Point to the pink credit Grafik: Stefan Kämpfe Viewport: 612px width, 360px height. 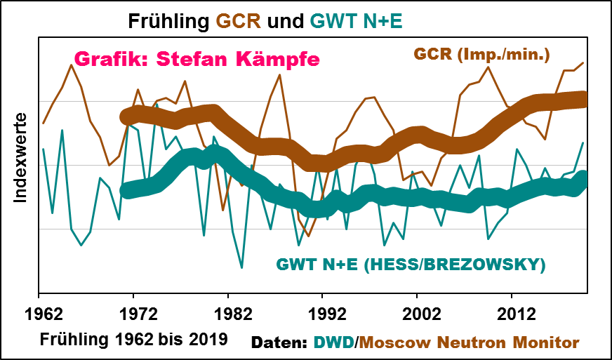(x=197, y=59)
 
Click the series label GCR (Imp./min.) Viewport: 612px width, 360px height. (x=481, y=54)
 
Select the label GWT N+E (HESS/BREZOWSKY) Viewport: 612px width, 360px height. (x=411, y=265)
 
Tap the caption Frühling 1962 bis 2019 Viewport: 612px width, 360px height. (x=133, y=340)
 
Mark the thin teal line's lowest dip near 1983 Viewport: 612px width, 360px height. (x=241, y=267)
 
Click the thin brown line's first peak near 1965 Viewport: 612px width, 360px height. (x=71, y=65)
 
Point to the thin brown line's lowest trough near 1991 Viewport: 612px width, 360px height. (x=308, y=236)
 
